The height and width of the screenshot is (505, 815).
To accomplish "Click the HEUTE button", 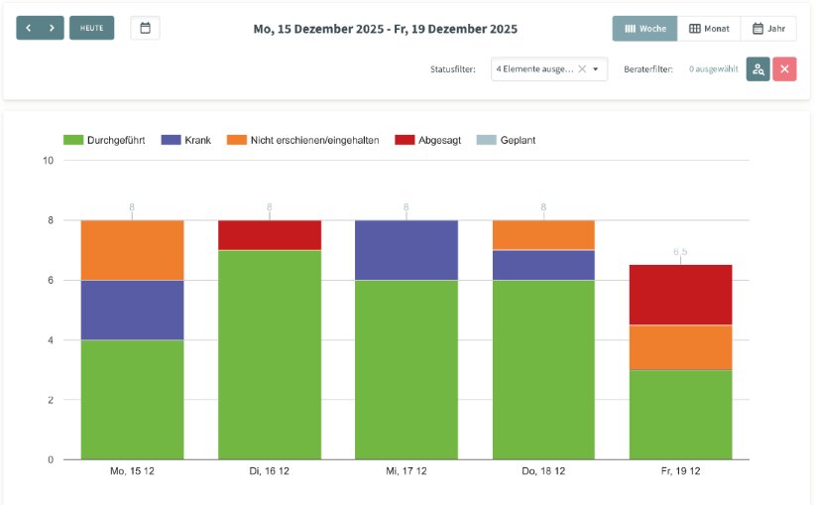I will click(91, 28).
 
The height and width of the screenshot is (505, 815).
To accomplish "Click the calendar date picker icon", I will click(145, 28).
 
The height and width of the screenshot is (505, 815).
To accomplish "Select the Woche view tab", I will click(644, 29).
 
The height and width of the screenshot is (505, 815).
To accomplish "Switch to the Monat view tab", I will click(709, 29).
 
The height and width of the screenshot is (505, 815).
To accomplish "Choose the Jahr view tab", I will click(768, 29).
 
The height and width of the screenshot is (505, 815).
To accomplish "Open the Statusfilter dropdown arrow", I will click(595, 69).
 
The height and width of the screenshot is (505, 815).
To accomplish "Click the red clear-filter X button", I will click(784, 69).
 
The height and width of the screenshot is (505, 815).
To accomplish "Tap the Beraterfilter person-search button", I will click(757, 69).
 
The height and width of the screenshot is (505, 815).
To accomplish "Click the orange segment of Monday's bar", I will click(132, 250).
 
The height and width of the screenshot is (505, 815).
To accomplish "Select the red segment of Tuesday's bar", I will click(269, 235).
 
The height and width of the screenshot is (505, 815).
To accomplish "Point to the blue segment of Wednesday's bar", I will click(407, 250).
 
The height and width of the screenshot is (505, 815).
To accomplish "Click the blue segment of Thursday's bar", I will click(543, 265).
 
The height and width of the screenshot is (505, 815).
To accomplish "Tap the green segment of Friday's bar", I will click(680, 415).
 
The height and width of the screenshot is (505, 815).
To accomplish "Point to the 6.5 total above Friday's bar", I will click(680, 252).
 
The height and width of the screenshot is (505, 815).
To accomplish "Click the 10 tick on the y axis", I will click(47, 161).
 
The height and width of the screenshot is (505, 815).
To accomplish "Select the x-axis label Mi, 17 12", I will click(407, 471).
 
